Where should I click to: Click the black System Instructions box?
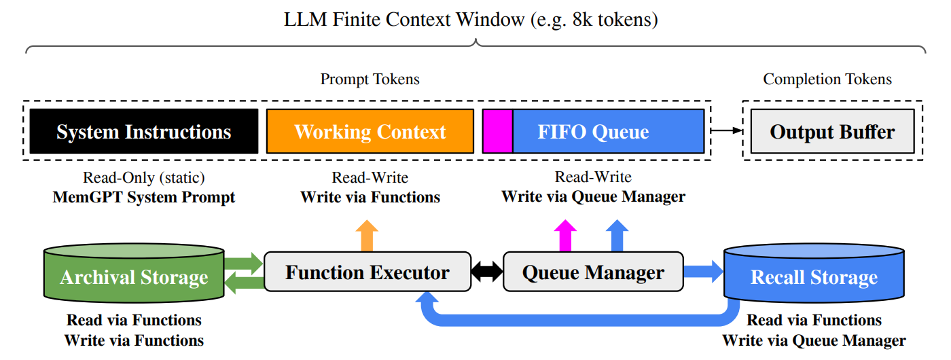(144, 131)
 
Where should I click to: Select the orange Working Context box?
(370, 131)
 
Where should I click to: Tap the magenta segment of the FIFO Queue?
(497, 131)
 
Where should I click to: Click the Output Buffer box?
(833, 131)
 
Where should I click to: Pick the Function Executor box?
(367, 272)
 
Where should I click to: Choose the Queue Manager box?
(593, 272)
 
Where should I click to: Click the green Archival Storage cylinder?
(134, 273)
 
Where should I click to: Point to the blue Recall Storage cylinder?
(814, 273)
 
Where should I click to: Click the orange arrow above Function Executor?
(367, 236)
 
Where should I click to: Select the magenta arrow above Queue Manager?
(565, 236)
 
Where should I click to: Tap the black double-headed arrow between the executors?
(487, 272)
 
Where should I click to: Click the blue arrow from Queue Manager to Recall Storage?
(704, 272)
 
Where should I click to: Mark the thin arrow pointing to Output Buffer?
(727, 130)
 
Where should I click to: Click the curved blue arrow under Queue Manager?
(577, 320)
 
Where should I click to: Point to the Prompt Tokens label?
(370, 79)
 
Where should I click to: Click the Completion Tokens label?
(827, 79)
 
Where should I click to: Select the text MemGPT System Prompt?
(144, 198)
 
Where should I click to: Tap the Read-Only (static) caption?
(144, 177)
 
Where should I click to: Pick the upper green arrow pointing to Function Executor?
(244, 264)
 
